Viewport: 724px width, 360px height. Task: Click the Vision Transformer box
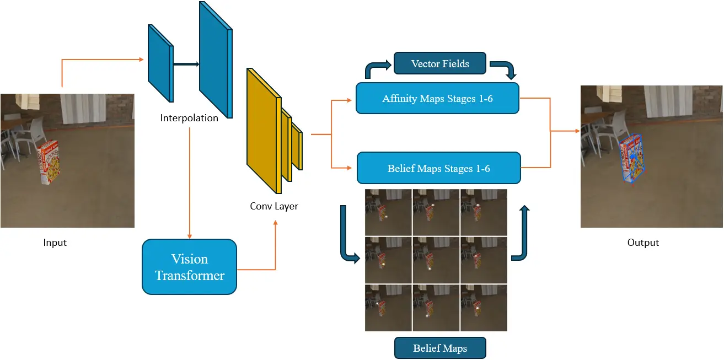click(189, 267)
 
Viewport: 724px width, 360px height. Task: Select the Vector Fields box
click(439, 63)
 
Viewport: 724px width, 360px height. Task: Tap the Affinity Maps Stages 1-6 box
click(437, 99)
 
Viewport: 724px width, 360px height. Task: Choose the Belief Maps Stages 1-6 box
click(438, 168)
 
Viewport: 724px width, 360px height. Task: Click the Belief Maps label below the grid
click(439, 348)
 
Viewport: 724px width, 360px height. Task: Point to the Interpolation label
click(189, 118)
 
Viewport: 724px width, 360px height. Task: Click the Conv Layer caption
click(274, 206)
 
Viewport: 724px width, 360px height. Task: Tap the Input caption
click(55, 243)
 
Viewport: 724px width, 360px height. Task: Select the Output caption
click(643, 243)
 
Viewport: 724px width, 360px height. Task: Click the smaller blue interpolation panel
click(160, 63)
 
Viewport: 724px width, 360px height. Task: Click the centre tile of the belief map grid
click(436, 259)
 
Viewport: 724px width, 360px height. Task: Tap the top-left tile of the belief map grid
click(388, 212)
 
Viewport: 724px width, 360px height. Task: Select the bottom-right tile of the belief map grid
click(483, 307)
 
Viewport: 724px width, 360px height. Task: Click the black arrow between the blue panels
click(186, 64)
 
